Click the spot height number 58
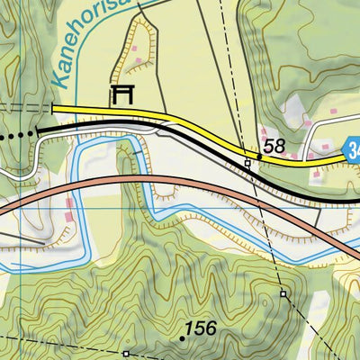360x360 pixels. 274,146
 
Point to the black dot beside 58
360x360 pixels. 260,157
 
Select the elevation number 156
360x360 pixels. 201,328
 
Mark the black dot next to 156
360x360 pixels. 182,338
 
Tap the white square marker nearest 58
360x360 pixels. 247,163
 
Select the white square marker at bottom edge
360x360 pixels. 127,354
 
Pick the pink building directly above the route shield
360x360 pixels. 333,114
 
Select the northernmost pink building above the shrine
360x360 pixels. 138,61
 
